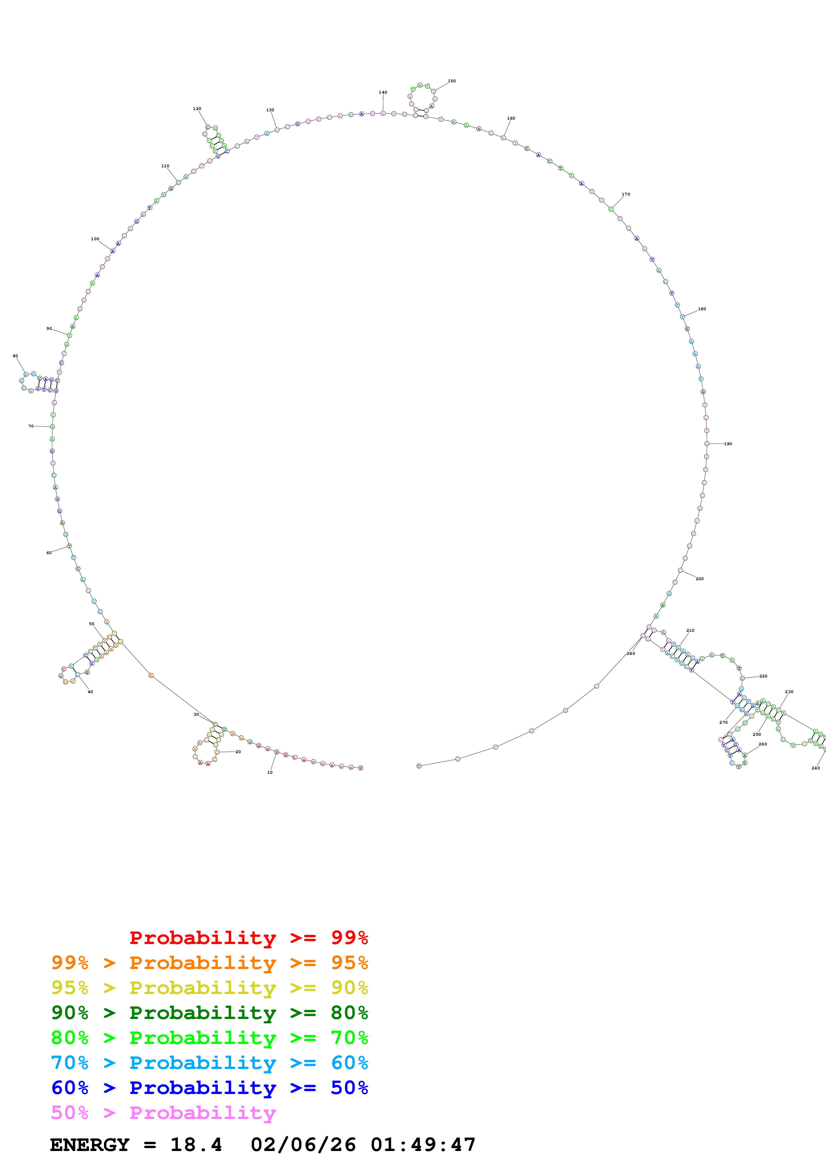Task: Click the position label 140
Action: [383, 92]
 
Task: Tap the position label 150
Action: [451, 81]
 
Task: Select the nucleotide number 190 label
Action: [728, 444]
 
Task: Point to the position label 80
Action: [15, 356]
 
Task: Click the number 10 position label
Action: [270, 772]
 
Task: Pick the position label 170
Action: [625, 194]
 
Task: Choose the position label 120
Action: [197, 108]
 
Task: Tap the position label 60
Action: [49, 553]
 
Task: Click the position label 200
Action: [699, 579]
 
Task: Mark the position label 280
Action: [630, 653]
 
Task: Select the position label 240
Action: [815, 768]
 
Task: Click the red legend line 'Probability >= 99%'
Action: [248, 937]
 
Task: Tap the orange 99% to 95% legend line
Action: [209, 963]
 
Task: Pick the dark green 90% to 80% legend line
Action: [209, 1013]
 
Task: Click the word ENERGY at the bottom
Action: [90, 1145]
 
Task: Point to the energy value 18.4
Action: [196, 1145]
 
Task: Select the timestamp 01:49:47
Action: [423, 1145]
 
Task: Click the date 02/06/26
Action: [303, 1145]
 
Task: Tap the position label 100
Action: [95, 239]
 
